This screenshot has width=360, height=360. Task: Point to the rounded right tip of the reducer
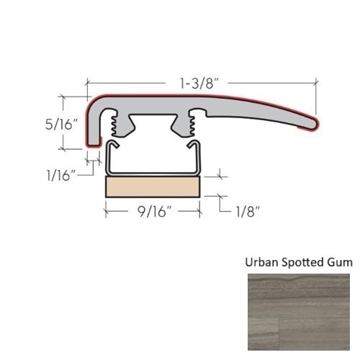[x=313, y=122]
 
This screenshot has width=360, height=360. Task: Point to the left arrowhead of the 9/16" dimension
[x=109, y=212]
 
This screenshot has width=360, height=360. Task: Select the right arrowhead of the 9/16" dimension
[x=197, y=212]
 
